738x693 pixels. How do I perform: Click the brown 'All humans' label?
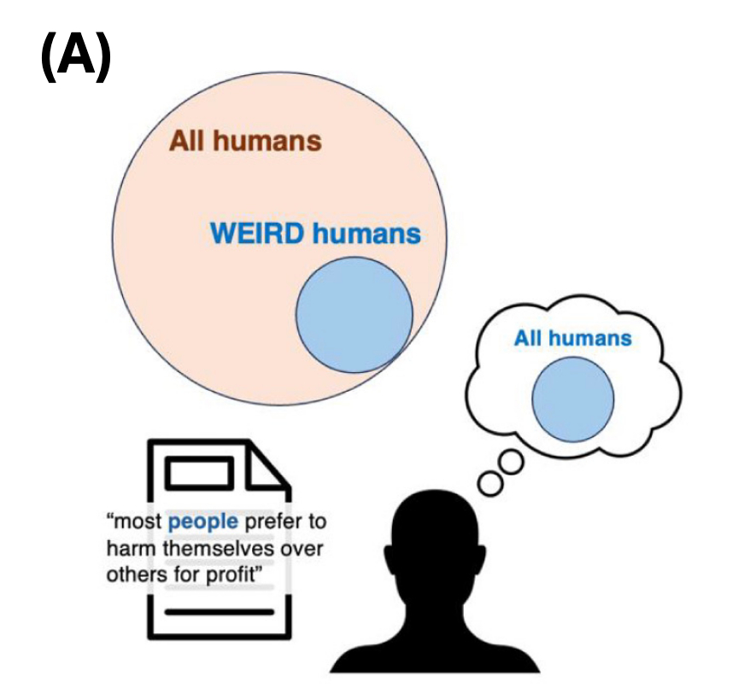pyautogui.click(x=245, y=141)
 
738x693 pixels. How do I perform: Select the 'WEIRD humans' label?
pyautogui.click(x=315, y=233)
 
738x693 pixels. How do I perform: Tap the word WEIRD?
pyautogui.click(x=258, y=233)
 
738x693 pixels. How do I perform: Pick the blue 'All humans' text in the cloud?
pyautogui.click(x=572, y=338)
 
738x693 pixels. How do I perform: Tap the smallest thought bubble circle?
pyautogui.click(x=491, y=482)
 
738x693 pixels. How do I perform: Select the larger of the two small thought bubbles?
pyautogui.click(x=511, y=463)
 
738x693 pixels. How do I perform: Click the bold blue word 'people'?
pyautogui.click(x=203, y=521)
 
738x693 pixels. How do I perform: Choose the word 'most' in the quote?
pyautogui.click(x=137, y=521)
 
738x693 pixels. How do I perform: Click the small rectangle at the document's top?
pyautogui.click(x=201, y=472)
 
